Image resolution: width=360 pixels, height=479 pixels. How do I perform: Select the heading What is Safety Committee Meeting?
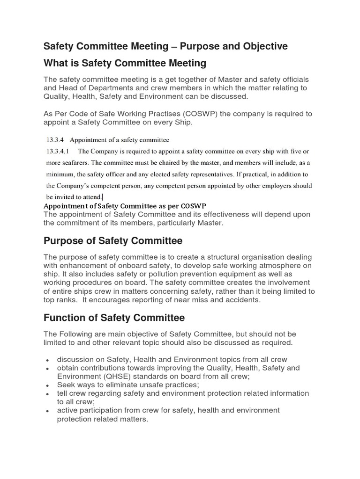tap(125, 63)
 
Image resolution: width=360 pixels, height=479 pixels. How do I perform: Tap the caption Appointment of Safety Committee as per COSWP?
tap(125, 206)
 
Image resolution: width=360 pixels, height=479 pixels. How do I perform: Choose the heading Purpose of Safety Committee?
tap(113, 241)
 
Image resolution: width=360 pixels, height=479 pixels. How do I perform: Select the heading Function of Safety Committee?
tap(114, 318)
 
